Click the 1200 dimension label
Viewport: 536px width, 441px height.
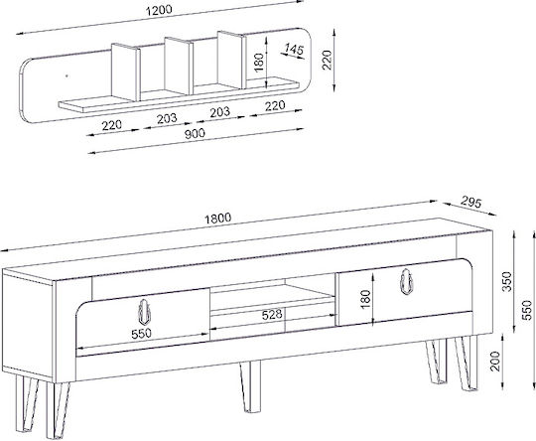coord(159,11)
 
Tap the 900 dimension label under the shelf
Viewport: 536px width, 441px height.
coord(195,133)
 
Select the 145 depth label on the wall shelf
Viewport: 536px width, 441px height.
coord(294,50)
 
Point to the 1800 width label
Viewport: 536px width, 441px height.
coord(217,219)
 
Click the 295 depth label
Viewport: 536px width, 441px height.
coord(470,202)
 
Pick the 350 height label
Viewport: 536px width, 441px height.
coord(508,281)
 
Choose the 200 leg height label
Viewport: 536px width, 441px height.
coord(495,361)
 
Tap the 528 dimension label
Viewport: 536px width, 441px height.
coord(272,315)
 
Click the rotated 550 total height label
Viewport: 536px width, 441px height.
coord(528,310)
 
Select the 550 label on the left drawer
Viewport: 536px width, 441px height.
coord(141,333)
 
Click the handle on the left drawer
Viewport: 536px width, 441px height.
coord(144,312)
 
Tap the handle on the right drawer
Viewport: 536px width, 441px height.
coord(406,281)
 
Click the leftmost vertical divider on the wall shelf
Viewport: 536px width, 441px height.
coord(126,73)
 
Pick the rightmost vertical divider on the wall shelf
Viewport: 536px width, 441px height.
coord(231,60)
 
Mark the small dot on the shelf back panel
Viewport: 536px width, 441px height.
coord(67,75)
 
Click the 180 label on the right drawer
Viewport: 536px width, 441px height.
coord(365,299)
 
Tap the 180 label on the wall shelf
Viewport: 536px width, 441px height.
coord(259,62)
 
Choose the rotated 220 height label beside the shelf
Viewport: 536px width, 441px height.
coord(328,60)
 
